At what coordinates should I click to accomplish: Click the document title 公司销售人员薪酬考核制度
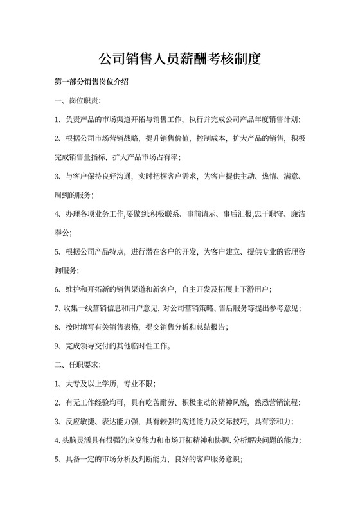click(179, 60)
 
